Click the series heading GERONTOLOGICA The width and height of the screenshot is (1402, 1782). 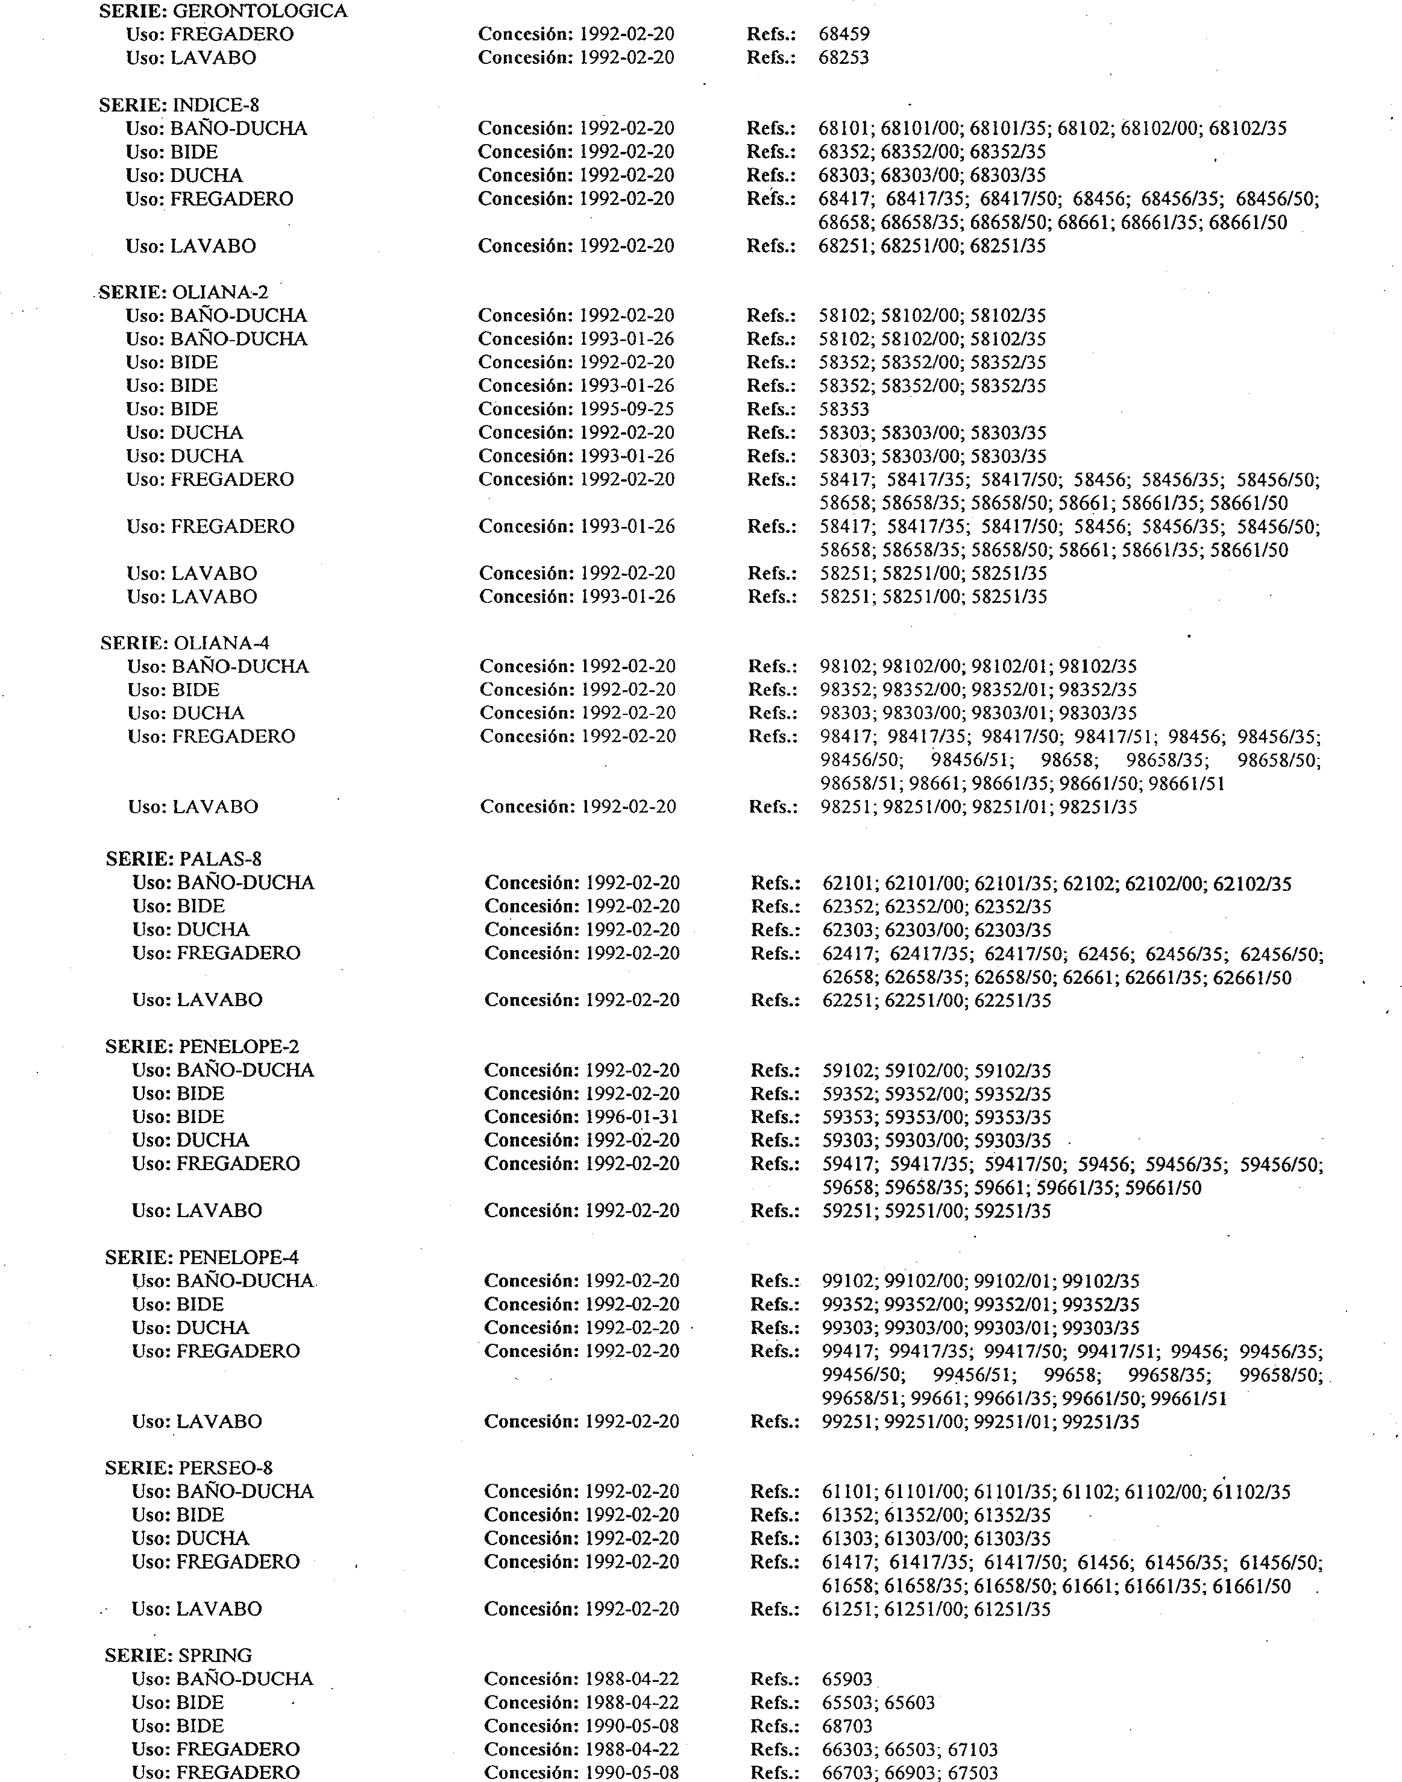(259, 11)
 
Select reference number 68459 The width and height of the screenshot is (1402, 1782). (844, 34)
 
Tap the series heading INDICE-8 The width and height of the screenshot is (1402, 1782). (215, 105)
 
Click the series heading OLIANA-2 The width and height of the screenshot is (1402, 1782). (220, 292)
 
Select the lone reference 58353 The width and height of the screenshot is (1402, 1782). (844, 409)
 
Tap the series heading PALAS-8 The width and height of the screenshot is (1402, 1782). (220, 860)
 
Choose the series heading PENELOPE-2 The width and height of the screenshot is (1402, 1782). (238, 1047)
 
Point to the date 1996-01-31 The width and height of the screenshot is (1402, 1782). (631, 1117)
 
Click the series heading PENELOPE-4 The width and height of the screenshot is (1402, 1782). (238, 1258)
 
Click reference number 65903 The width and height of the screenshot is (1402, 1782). (847, 1680)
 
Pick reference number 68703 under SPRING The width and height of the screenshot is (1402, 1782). (847, 1726)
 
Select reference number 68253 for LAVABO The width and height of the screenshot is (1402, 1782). (844, 58)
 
